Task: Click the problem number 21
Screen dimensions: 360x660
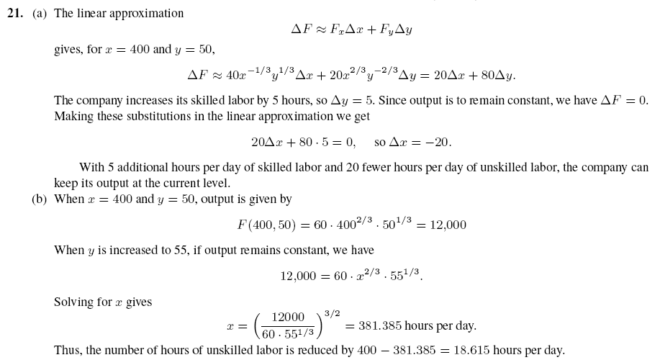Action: pos(16,13)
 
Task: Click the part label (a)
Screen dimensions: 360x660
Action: pos(40,13)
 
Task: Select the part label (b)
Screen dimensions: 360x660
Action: pos(40,199)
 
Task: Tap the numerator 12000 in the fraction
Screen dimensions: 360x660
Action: pos(288,318)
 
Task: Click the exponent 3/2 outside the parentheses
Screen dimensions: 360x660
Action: pos(332,313)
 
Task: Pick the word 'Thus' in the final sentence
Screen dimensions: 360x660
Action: pos(67,351)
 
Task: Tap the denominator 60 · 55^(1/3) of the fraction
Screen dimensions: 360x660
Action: pos(288,334)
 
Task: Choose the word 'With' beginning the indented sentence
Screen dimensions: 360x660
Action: pos(91,168)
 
